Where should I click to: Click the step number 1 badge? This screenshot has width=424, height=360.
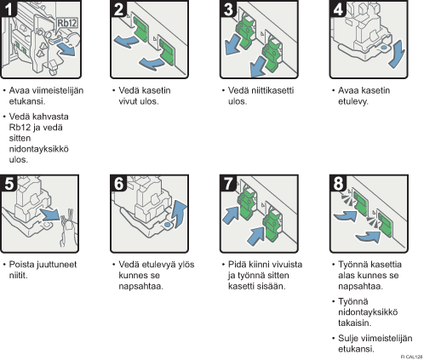(9, 9)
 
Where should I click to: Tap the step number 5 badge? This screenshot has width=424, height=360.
(9, 183)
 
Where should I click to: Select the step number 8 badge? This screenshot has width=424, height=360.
(338, 183)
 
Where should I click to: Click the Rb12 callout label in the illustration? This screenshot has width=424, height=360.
(67, 23)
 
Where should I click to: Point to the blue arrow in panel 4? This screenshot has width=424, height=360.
(398, 54)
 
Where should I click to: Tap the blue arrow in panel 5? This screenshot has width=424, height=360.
(50, 214)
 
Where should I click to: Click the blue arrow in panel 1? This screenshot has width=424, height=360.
(66, 50)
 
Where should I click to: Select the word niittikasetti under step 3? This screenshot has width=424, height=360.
(261, 90)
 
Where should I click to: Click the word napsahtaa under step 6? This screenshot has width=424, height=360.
(140, 286)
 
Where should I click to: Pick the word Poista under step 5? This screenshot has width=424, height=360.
(21, 265)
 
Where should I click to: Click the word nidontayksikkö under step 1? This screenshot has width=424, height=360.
(38, 149)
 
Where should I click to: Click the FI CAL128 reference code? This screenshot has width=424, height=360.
(412, 357)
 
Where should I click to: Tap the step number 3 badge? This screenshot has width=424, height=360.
(228, 9)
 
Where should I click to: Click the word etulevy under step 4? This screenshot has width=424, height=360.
(352, 101)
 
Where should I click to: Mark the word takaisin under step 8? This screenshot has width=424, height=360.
(354, 323)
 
